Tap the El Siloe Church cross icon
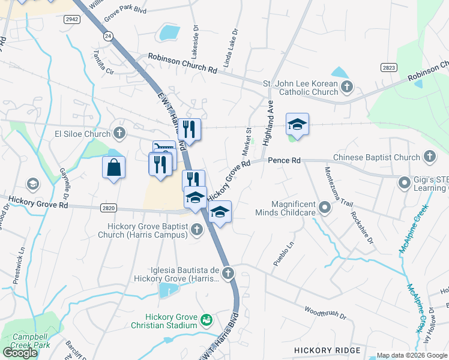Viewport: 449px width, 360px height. click(119, 133)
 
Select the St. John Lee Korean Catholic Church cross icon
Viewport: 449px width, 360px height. click(347, 88)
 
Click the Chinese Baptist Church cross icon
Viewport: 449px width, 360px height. click(429, 157)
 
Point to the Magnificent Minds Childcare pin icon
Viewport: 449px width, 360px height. click(325, 209)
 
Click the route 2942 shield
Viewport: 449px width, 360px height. click(72, 19)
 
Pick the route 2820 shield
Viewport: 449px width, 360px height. click(108, 208)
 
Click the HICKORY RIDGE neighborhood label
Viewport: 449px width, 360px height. click(327, 350)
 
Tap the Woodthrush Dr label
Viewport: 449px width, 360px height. click(325, 312)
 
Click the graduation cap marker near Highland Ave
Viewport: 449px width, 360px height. click(297, 125)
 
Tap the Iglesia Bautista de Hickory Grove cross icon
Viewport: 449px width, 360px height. click(228, 274)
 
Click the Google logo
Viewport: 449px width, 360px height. click(20, 352)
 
